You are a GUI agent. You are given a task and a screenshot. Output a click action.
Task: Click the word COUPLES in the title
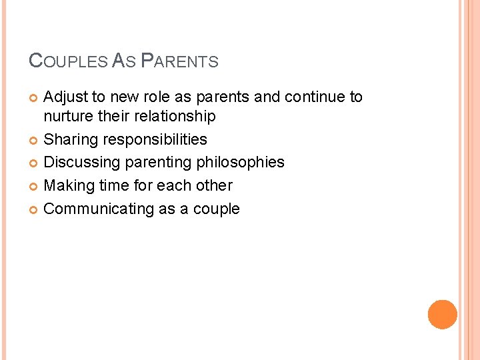(68, 62)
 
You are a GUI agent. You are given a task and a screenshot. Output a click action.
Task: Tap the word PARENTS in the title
(180, 62)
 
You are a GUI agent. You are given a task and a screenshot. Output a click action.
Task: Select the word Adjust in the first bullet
(66, 97)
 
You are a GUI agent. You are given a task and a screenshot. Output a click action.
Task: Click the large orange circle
(443, 315)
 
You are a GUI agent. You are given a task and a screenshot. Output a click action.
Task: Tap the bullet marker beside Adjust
(34, 98)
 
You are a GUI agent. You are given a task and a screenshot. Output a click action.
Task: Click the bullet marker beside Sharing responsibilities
(34, 140)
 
